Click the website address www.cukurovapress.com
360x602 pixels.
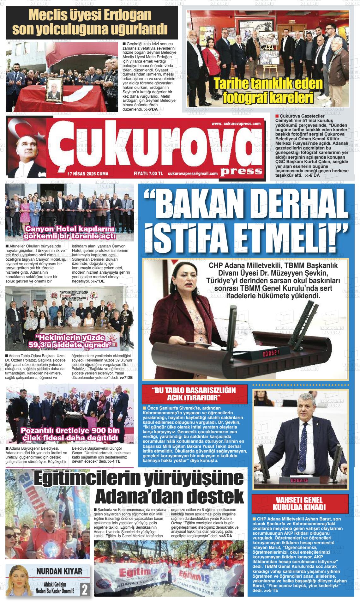coord(236,124)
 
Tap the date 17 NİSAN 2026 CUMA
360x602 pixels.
coord(88,174)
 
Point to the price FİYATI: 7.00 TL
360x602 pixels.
coord(148,174)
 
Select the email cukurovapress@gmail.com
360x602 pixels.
coord(193,174)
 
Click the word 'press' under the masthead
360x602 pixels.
coord(242,171)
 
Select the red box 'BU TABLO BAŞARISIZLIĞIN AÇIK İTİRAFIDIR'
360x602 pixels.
coord(194,393)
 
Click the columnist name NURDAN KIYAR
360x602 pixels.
coord(59,571)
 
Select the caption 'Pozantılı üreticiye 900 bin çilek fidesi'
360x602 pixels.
coord(69,435)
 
